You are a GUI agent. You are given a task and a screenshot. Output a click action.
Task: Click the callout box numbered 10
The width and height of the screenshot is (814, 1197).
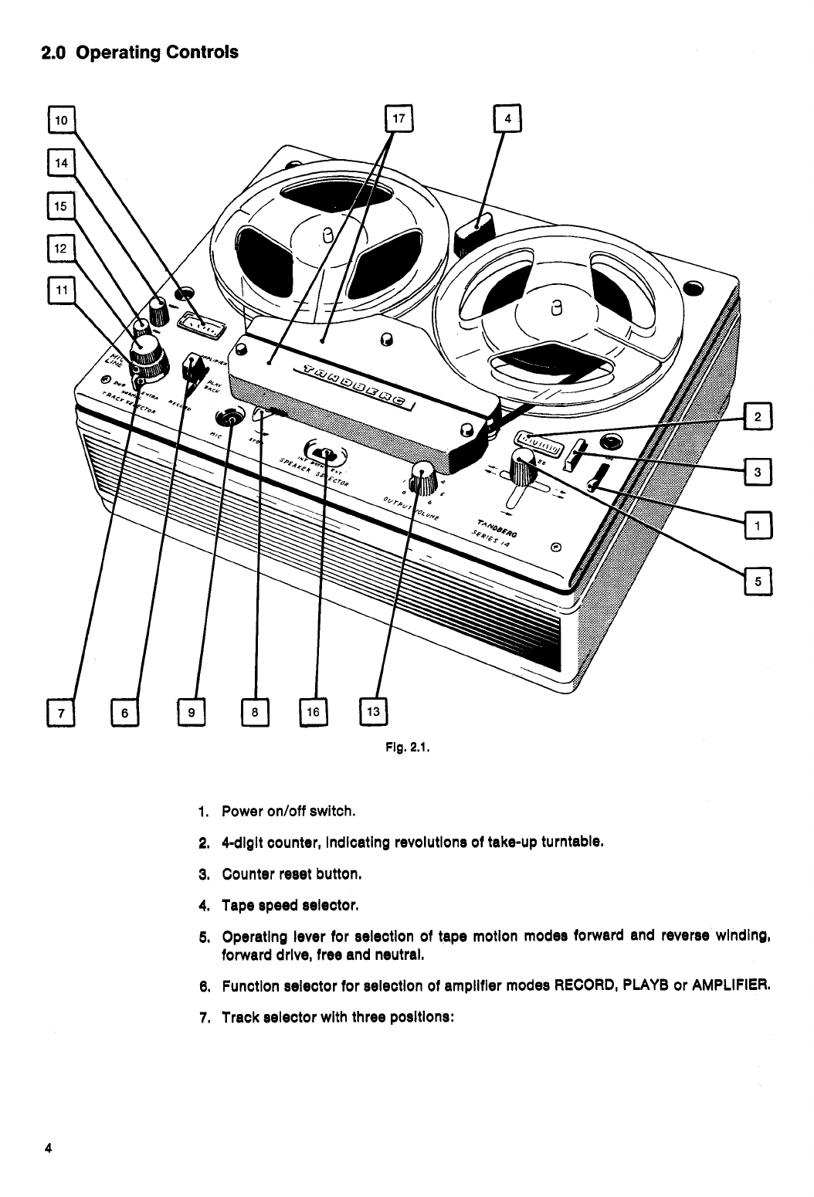60,120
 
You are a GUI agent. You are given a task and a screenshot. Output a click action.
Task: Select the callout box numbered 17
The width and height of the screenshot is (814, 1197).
399,120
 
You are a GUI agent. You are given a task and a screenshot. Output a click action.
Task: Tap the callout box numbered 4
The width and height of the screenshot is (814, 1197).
507,120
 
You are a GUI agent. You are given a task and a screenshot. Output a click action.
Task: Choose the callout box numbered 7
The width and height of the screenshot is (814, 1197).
59,712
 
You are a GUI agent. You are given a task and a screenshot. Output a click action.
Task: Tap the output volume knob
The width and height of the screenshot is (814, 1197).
422,477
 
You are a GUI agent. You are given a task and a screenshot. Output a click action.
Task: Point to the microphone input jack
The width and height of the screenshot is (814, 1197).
229,418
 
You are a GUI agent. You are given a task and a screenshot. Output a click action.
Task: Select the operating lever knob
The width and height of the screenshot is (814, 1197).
526,466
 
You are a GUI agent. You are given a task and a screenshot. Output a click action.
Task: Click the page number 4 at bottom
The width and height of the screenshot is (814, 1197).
48,1147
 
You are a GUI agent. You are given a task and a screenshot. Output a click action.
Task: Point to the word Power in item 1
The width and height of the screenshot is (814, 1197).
241,812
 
